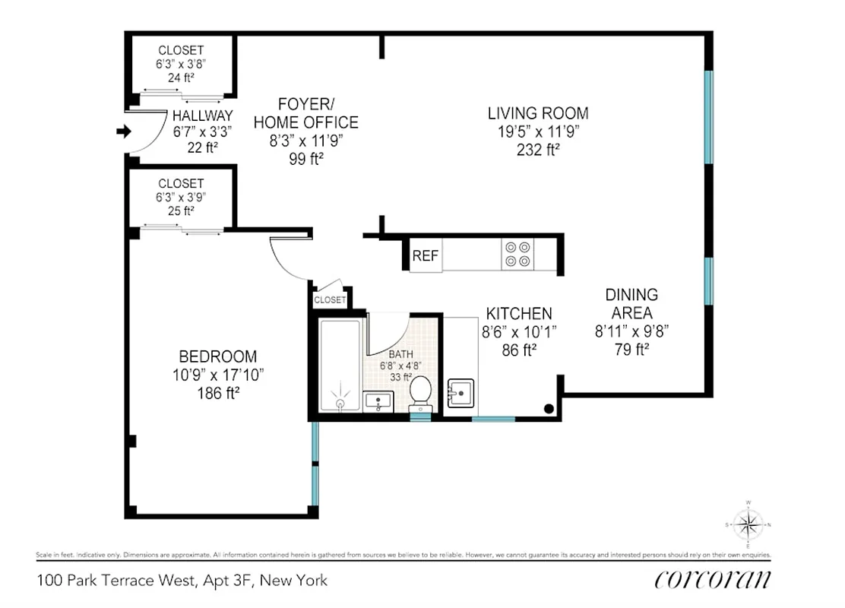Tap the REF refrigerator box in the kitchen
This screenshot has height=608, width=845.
pos(426,256)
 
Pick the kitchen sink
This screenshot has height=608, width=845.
pos(460,392)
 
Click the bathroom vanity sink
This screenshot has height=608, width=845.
pos(378,401)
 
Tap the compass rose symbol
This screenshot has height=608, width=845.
pos(749,524)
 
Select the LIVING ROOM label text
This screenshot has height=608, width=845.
pos(538,113)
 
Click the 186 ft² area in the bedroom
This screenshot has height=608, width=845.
pos(218,392)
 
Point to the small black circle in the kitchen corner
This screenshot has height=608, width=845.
pos(549,409)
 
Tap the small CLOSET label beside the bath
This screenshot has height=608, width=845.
pos(330,300)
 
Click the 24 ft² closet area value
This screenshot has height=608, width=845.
pos(181,78)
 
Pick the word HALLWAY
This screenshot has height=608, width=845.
pos(202,116)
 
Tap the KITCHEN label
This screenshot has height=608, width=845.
pos(519,313)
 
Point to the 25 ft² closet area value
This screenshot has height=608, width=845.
pos(181,211)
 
